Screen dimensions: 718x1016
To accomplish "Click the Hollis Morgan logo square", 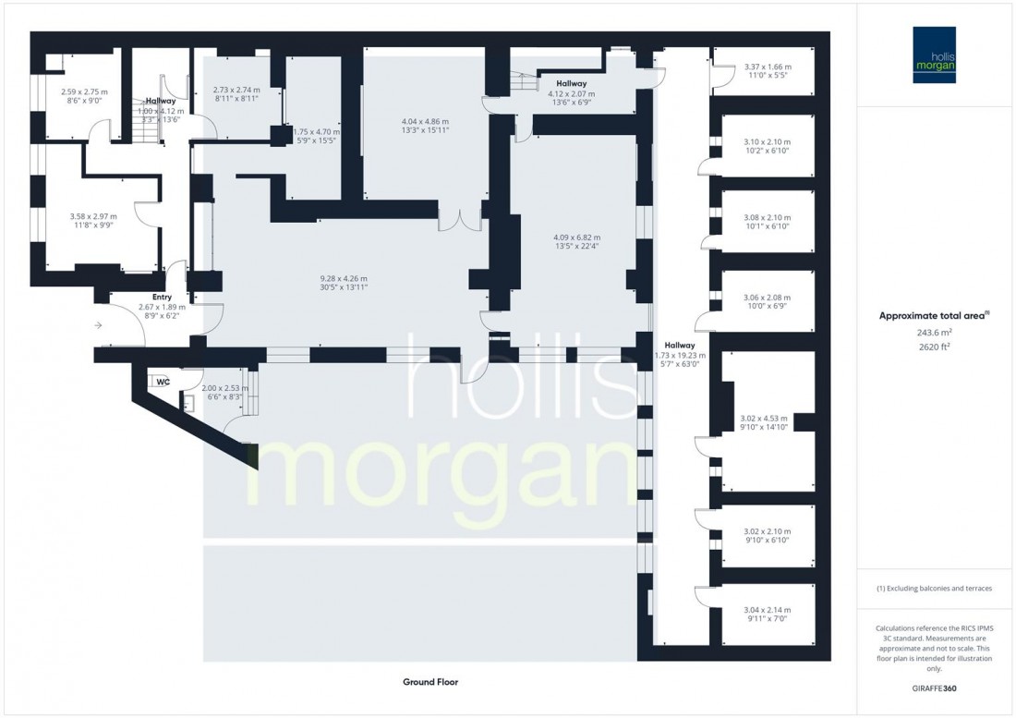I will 937,55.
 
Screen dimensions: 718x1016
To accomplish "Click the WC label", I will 163,381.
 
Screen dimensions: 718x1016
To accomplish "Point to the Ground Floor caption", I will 430,682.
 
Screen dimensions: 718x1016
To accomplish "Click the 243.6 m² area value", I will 936,333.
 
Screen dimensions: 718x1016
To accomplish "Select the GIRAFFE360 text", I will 936,688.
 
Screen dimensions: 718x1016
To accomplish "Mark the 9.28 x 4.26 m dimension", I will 331,279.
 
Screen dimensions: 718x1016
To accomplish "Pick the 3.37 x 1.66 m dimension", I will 767,67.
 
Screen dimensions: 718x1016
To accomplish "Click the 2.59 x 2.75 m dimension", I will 84,91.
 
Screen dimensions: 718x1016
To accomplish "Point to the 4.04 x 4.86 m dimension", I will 425,122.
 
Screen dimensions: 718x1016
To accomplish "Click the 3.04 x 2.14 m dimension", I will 767,610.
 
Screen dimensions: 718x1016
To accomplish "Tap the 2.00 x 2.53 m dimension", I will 225,388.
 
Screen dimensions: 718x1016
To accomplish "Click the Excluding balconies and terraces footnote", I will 936,589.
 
